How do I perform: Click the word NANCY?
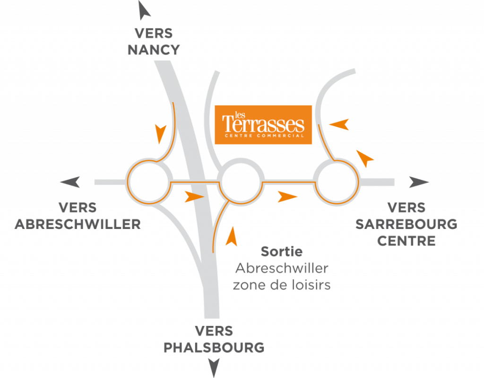tap(154, 50)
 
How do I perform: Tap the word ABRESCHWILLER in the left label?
tap(78, 224)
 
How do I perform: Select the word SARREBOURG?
tap(406, 224)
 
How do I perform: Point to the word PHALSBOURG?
tap(214, 348)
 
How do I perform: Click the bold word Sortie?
tap(282, 252)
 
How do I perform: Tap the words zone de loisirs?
tap(282, 285)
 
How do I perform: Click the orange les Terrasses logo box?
tap(263, 124)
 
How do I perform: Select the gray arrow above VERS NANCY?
tap(144, 10)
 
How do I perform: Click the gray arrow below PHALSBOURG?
tap(214, 368)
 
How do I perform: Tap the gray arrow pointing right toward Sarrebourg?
tap(419, 182)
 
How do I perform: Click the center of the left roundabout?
tap(149, 182)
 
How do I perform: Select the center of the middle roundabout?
tap(241, 181)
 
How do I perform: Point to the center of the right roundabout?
tap(337, 182)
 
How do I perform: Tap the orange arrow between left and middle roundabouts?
tap(194, 197)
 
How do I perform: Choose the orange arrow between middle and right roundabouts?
tap(287, 197)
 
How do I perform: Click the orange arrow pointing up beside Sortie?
tap(232, 237)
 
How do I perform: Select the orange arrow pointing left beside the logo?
tap(339, 124)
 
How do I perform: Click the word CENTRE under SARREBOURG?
tap(406, 241)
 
